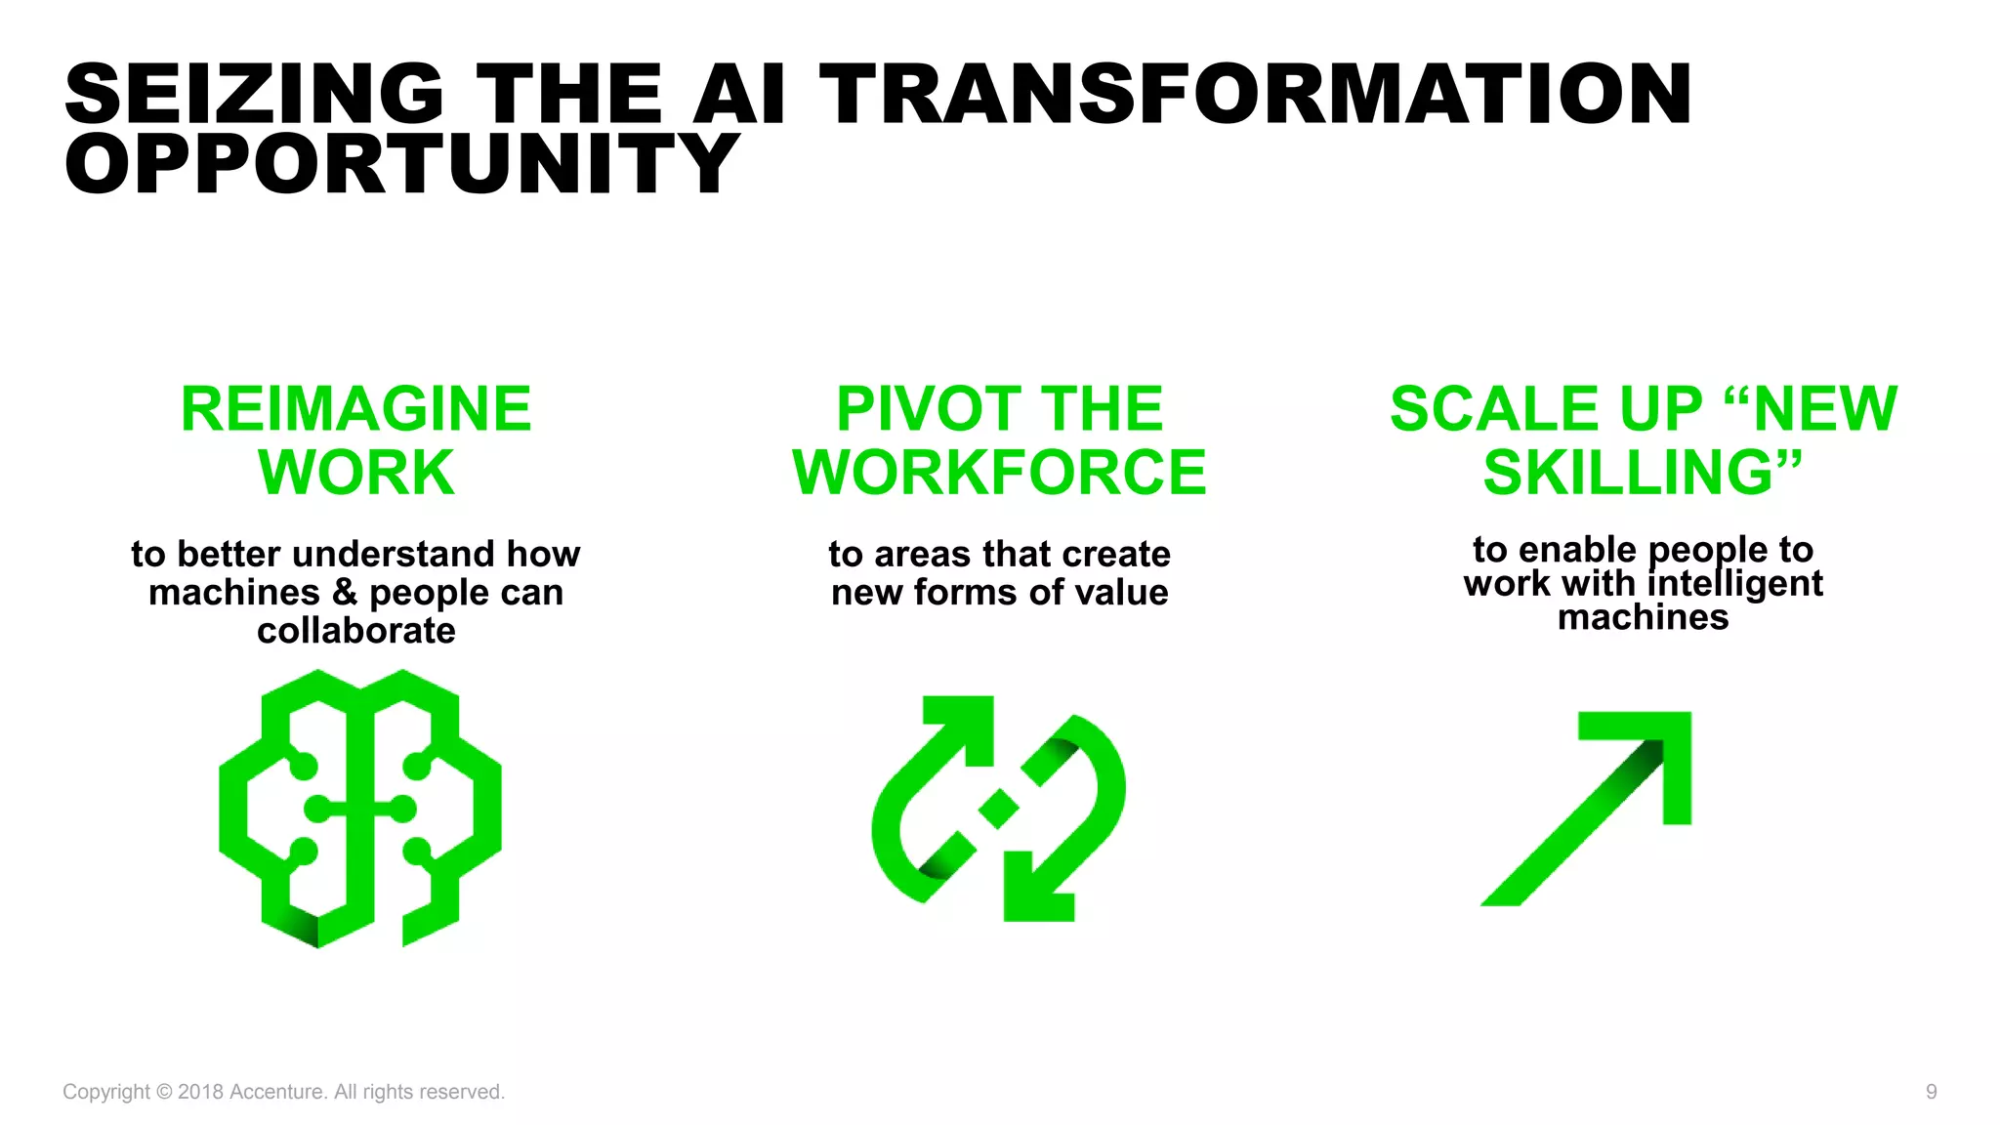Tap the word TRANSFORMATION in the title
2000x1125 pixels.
[x=1255, y=94]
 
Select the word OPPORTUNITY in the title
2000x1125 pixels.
[x=402, y=164]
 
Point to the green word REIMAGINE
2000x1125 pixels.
[x=356, y=409]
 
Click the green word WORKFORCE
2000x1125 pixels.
[x=999, y=473]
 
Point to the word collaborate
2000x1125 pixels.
[x=356, y=631]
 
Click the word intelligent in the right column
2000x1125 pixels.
[x=1735, y=583]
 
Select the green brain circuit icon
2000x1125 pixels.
[x=359, y=809]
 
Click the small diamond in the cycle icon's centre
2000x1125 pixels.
[x=999, y=809]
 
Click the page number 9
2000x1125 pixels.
[x=1931, y=1092]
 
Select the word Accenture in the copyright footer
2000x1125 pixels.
[x=276, y=1092]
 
